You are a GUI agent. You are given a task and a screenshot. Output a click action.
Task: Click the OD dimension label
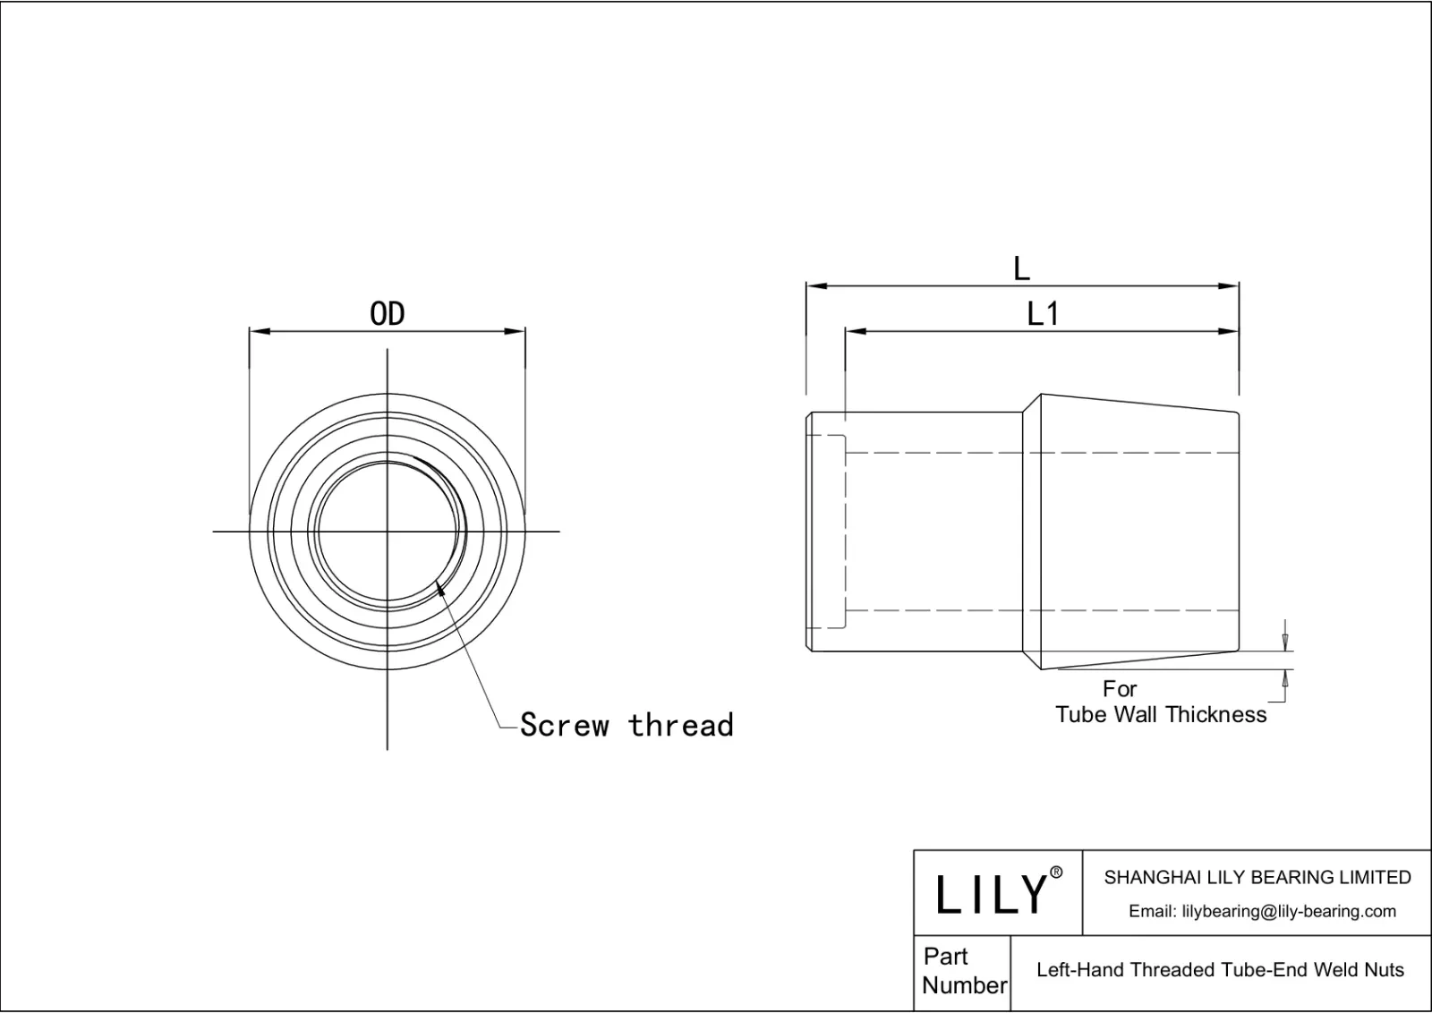388,314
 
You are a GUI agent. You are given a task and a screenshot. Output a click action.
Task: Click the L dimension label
1021,268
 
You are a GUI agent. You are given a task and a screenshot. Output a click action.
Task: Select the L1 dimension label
1043,314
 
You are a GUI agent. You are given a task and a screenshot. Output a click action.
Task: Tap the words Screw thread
626,725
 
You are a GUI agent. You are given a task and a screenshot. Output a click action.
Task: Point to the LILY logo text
992,894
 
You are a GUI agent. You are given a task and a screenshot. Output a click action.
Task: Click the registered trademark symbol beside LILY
1056,873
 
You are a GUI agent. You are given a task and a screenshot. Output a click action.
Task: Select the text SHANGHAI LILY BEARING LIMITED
1257,878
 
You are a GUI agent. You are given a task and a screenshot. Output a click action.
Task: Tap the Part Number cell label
963,971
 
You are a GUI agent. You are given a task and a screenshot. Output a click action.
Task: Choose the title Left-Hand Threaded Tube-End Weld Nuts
1220,970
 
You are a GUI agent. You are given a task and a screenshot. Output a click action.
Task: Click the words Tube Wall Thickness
1161,714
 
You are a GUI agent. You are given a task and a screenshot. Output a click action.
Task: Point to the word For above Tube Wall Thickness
1120,689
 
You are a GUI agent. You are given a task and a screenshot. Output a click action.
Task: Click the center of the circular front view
388,532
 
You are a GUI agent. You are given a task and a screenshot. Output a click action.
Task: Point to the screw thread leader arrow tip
438,586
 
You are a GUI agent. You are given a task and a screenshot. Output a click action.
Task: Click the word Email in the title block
1152,911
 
